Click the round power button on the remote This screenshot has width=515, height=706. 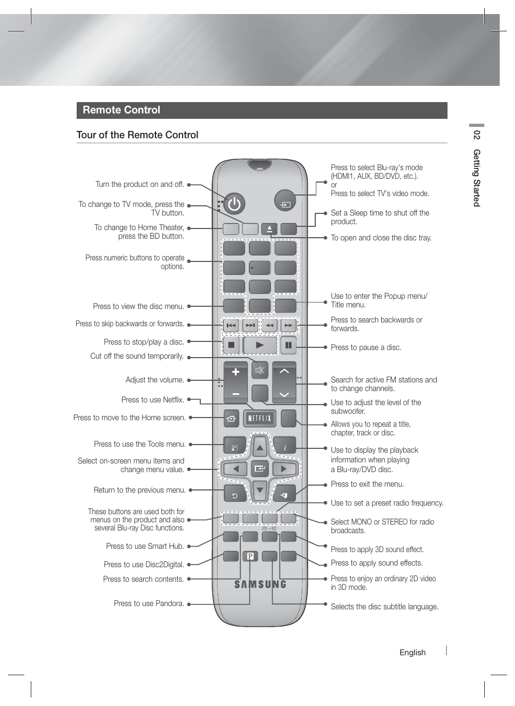tap(234, 204)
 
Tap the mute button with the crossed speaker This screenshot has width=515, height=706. tap(260, 371)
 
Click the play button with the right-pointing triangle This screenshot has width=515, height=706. tap(260, 345)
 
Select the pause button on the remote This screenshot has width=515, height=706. tap(288, 345)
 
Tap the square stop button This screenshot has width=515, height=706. tap(231, 345)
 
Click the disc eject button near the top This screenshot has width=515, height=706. tap(269, 228)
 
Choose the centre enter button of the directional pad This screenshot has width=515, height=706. tap(260, 469)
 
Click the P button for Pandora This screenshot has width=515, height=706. tap(250, 556)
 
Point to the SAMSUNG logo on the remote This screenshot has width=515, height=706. tap(260, 584)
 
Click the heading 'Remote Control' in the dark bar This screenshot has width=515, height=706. tap(121, 110)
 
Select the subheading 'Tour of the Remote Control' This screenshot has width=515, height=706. tap(137, 135)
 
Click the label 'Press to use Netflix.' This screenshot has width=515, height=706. tap(153, 400)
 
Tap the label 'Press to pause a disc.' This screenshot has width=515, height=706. tap(366, 347)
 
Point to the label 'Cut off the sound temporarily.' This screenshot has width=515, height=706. tap(137, 357)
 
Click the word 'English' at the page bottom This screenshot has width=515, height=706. tap(412, 653)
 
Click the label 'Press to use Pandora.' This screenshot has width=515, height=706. tap(149, 603)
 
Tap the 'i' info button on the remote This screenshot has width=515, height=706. tap(285, 447)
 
